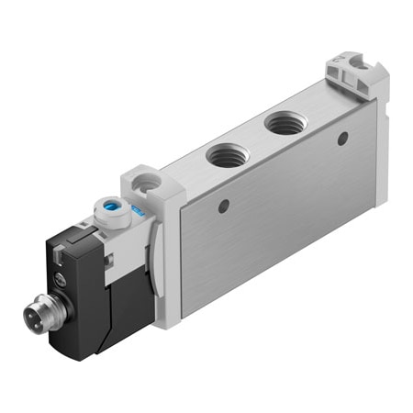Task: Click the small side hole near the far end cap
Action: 342,140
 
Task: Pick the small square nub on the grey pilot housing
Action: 112,266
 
